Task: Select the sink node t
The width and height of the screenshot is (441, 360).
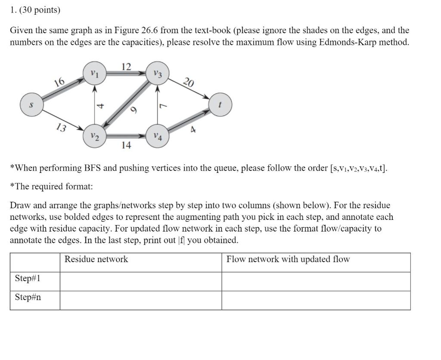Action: [x=220, y=105]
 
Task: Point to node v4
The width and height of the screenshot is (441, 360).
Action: [x=158, y=137]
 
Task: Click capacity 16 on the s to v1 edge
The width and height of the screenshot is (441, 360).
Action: [x=59, y=82]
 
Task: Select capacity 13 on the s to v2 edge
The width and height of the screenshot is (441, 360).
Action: [x=61, y=128]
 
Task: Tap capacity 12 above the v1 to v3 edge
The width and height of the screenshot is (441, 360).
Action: [x=126, y=66]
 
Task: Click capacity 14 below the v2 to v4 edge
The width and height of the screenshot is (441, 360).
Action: [x=126, y=145]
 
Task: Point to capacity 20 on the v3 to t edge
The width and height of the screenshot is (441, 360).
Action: [x=189, y=82]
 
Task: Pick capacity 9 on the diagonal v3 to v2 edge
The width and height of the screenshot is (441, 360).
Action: [x=134, y=111]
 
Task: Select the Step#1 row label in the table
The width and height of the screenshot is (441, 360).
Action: [x=28, y=279]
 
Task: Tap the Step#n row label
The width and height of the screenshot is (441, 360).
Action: [x=28, y=297]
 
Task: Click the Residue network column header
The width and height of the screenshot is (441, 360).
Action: [x=96, y=259]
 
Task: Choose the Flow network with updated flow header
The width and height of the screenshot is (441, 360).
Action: [x=288, y=259]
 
